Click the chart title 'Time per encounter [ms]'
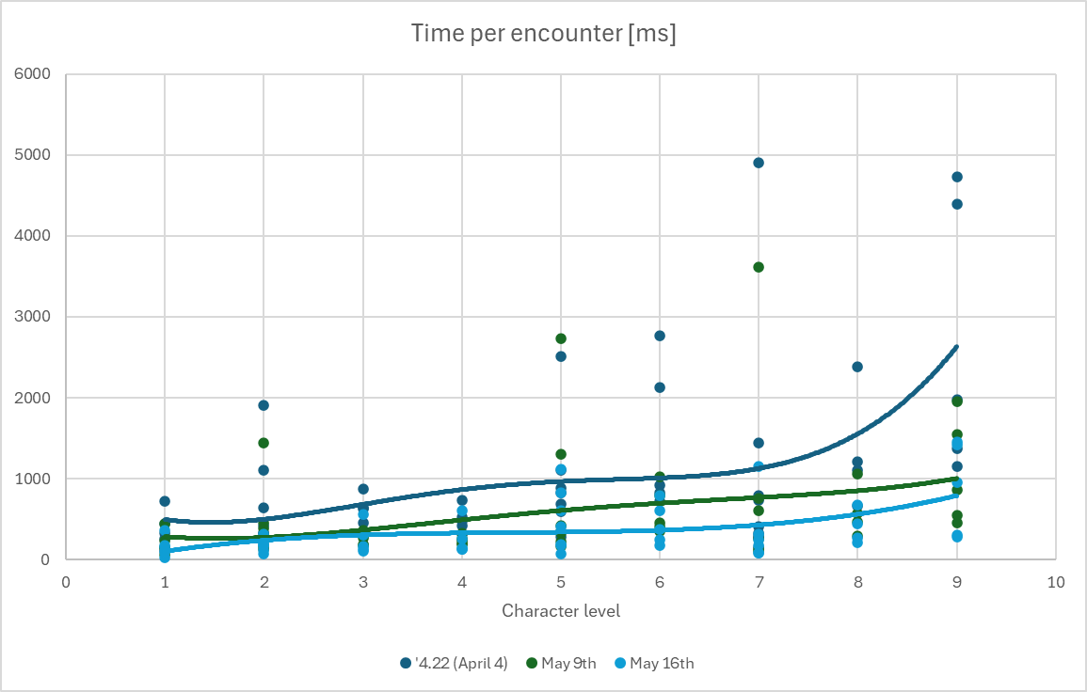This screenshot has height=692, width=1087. point(544,33)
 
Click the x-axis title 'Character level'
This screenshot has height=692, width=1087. point(561,611)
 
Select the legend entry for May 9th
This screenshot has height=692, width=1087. point(562,664)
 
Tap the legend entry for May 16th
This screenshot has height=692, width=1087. point(654,664)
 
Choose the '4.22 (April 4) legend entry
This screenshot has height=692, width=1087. point(454,664)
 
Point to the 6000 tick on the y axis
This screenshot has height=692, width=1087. point(33,74)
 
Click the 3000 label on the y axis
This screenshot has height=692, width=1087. point(33,317)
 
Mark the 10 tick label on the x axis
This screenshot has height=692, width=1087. point(1056,583)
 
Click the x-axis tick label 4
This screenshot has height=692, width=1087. point(462,583)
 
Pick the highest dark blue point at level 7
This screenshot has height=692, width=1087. point(759,163)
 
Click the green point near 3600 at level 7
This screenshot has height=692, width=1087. point(759,267)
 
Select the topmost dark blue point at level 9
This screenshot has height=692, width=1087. point(957,177)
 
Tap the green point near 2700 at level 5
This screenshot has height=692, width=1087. point(561,338)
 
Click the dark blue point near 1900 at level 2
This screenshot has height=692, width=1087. point(264,405)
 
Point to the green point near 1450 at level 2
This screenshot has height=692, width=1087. point(264,443)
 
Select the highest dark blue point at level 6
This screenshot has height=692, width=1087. point(660,336)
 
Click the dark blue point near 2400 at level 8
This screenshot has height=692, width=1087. point(857,367)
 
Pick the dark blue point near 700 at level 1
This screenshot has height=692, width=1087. point(165,501)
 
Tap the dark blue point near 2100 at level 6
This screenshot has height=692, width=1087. point(660,387)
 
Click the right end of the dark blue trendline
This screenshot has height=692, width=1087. point(957,346)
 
